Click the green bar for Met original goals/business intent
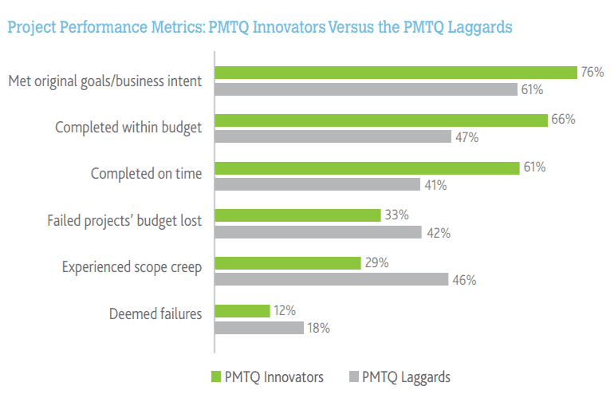(396, 73)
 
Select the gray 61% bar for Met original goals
(366, 89)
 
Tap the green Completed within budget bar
(381, 120)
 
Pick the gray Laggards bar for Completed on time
(317, 185)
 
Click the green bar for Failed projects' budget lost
(297, 215)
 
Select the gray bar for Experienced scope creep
(332, 279)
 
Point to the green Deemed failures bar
(242, 310)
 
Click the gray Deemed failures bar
(259, 327)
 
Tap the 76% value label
(592, 73)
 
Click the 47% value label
(467, 137)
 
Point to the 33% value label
(396, 215)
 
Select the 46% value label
(464, 280)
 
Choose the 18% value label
(319, 328)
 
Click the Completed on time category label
(146, 173)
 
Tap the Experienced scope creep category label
(132, 267)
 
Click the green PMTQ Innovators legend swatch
(216, 376)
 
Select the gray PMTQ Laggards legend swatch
(354, 376)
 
